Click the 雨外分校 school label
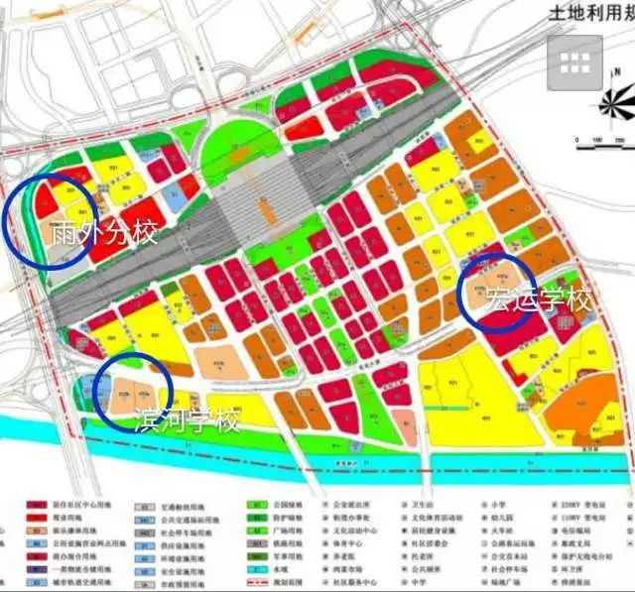pyautogui.click(x=102, y=234)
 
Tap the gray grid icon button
pyautogui.click(x=574, y=62)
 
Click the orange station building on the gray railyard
pyautogui.click(x=265, y=210)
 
